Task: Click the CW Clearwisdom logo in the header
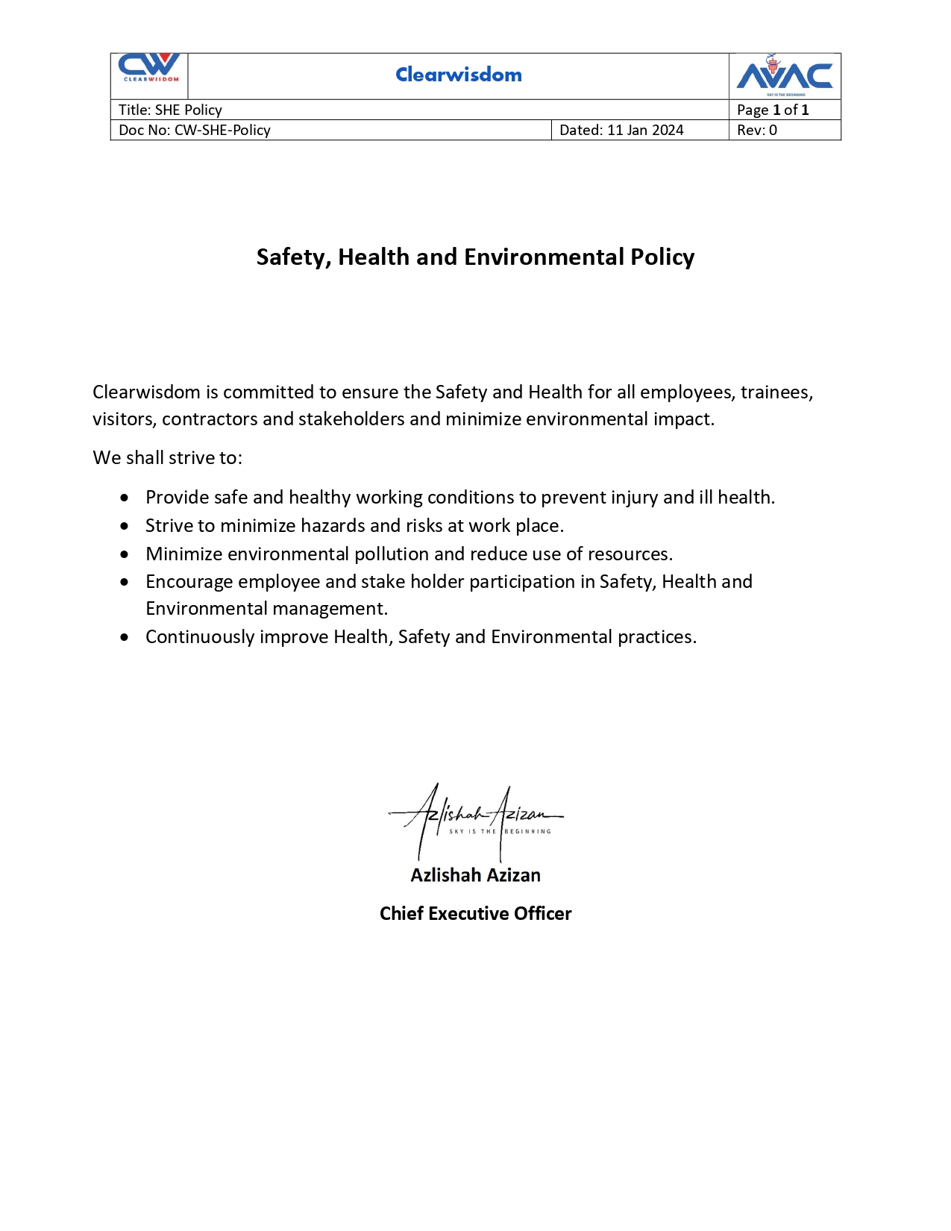tap(150, 69)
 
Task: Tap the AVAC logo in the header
tap(785, 75)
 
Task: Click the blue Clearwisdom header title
tap(459, 75)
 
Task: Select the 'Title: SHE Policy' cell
tap(170, 110)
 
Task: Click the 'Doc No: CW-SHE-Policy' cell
tap(195, 130)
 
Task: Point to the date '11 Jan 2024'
tap(645, 130)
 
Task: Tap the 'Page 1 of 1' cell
tap(773, 110)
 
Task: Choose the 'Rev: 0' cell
tap(757, 130)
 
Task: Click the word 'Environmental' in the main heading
tap(544, 257)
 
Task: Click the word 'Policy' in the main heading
tap(662, 257)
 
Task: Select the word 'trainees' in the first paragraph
tap(775, 392)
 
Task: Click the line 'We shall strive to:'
tap(167, 457)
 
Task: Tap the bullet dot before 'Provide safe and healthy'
tap(125, 498)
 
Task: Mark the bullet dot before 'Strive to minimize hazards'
tap(125, 526)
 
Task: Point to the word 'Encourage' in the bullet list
tap(189, 582)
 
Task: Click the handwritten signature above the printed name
tap(475, 819)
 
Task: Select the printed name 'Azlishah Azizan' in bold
tap(475, 875)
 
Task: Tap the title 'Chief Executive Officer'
tap(475, 914)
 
